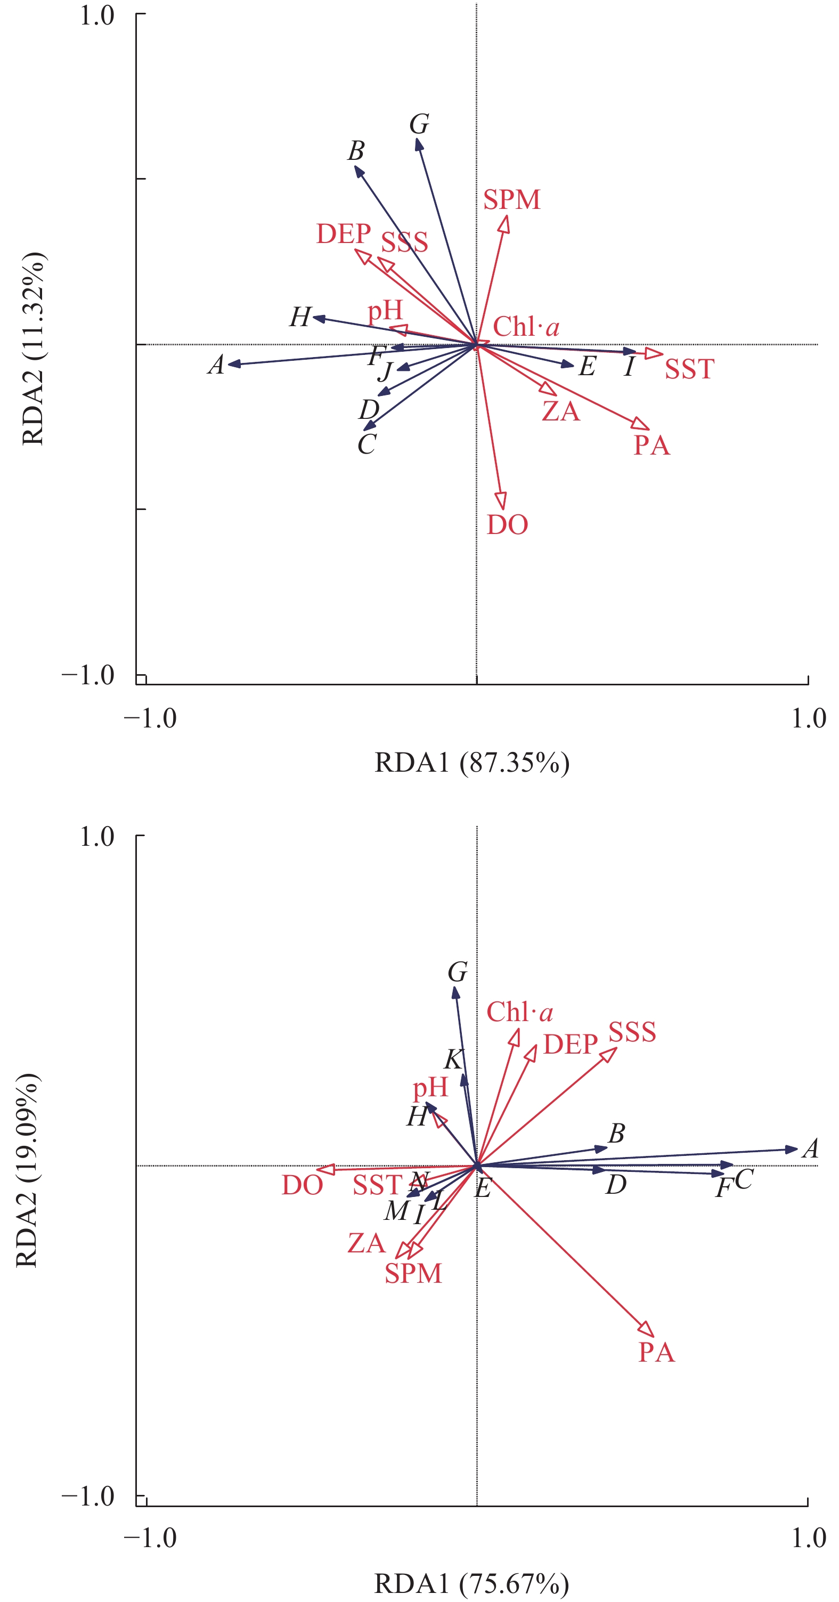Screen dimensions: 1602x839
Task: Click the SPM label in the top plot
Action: pos(511,200)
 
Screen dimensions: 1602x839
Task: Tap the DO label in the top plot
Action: pos(507,525)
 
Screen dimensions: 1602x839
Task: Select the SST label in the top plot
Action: pos(689,369)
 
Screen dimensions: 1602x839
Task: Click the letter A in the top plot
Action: pos(216,365)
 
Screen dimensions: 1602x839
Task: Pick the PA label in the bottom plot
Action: pos(656,1353)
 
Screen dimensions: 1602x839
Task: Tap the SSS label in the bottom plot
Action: pos(631,1032)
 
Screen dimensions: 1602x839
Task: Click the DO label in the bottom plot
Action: pos(302,1185)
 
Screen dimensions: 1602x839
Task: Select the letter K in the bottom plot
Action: pos(454,1058)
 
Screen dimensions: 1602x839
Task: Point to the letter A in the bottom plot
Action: pos(810,1148)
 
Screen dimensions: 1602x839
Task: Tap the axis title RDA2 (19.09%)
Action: pos(27,1169)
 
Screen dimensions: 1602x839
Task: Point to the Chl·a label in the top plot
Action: pos(526,327)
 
